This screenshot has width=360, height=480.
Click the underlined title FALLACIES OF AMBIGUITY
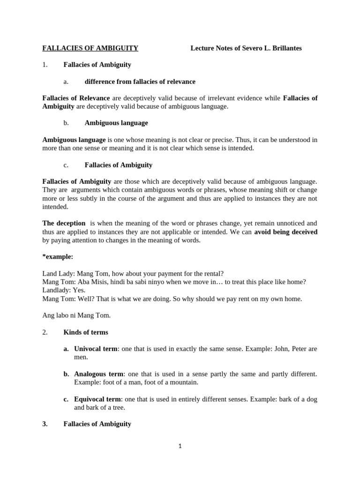(x=90, y=48)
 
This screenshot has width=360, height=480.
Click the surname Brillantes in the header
(x=285, y=48)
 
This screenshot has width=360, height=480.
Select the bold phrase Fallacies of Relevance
(x=76, y=98)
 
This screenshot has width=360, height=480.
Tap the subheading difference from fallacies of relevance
(x=140, y=82)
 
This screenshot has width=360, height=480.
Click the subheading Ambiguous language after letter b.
(x=116, y=123)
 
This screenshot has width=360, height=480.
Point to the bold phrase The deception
(x=64, y=224)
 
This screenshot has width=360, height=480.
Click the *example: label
(x=58, y=257)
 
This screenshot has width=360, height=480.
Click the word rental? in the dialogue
(x=212, y=273)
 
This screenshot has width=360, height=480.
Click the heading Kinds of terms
(x=86, y=332)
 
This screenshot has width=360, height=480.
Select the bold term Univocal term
(x=96, y=349)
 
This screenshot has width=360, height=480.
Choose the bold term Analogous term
(x=98, y=374)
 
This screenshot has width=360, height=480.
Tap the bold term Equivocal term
(x=97, y=399)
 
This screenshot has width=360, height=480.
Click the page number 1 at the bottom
(x=180, y=446)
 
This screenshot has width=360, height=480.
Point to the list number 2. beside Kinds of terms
(x=45, y=332)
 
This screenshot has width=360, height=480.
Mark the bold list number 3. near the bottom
(x=45, y=424)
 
